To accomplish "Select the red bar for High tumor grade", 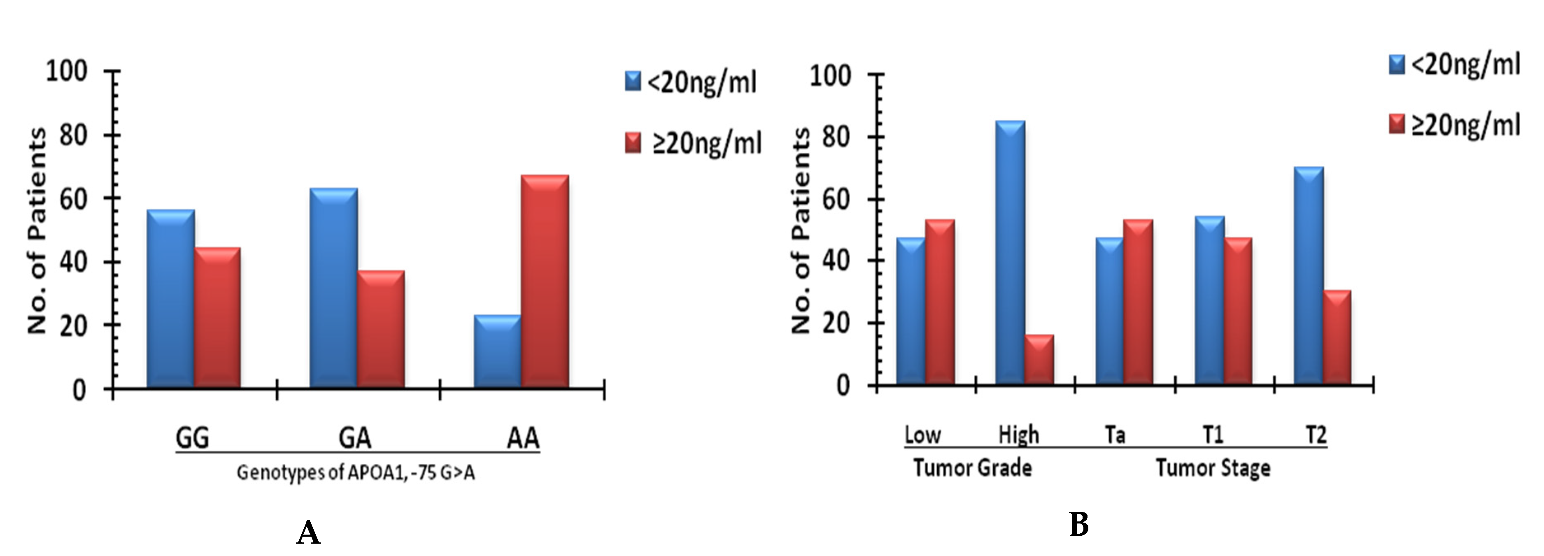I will (x=1039, y=359).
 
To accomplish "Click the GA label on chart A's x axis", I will (x=355, y=438).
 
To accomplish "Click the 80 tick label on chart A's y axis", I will (x=73, y=135).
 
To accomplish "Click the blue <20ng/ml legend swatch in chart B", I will (x=1397, y=64).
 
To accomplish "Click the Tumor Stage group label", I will (x=1213, y=468).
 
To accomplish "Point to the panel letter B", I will (x=1078, y=525).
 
